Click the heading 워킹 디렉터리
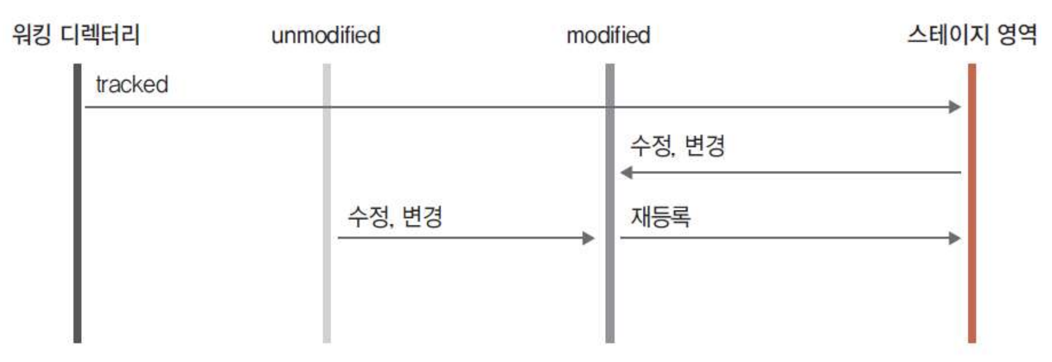point(75,34)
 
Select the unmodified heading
point(326,35)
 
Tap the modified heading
point(608,35)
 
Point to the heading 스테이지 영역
point(972,34)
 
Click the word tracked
point(132,84)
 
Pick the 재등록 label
point(660,217)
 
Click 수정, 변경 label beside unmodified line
point(395,217)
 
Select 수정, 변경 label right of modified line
point(677,146)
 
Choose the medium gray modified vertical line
point(610,283)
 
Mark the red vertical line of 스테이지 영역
point(972,283)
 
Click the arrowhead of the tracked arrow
point(955,107)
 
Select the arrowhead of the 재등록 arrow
point(955,238)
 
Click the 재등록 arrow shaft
point(786,238)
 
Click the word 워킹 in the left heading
point(31,34)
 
